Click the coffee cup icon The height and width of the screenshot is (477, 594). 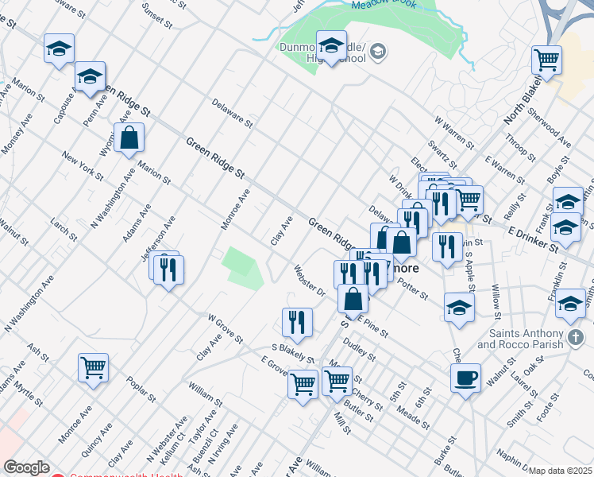(465, 377)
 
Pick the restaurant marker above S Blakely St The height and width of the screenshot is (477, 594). (297, 321)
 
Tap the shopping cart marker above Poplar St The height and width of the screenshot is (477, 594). (94, 367)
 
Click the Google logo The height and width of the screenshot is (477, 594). (25, 467)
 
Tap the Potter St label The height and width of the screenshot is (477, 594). (412, 291)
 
